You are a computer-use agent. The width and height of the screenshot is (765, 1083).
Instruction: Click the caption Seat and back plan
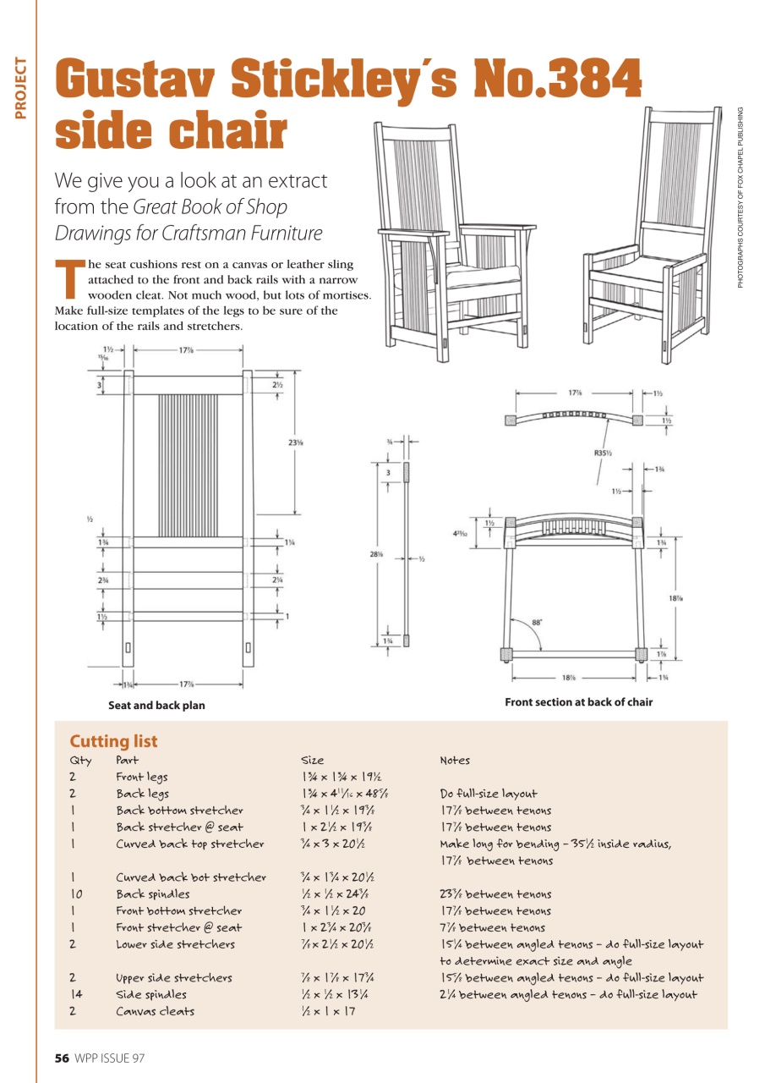(x=156, y=705)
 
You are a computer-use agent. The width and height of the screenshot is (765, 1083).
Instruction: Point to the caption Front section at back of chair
(x=578, y=702)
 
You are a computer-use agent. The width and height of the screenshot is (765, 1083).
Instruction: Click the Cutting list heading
(x=113, y=741)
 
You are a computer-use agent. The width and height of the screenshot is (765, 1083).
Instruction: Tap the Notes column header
(x=455, y=761)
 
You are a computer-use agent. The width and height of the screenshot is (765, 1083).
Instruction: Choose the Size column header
(x=313, y=761)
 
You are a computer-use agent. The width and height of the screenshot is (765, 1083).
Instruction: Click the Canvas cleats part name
(x=155, y=1011)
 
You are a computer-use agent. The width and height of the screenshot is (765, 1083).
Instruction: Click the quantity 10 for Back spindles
(x=76, y=893)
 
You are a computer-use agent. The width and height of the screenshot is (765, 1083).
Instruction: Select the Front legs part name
(x=141, y=777)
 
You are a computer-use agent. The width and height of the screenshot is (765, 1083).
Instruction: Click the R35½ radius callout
(x=603, y=454)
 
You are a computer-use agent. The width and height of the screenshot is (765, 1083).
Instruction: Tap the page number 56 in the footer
(x=62, y=1058)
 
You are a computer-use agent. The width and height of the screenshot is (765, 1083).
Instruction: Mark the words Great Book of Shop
(x=210, y=207)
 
